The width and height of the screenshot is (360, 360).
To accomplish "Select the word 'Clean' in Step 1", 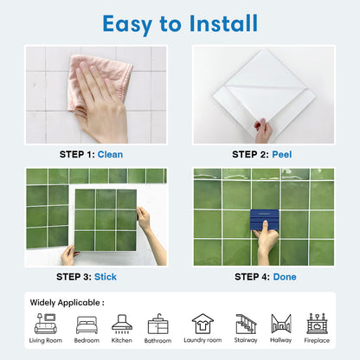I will (x=110, y=154).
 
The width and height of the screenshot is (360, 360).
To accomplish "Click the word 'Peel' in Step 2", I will (x=282, y=154).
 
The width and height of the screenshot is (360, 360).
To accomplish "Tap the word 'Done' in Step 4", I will (x=284, y=277).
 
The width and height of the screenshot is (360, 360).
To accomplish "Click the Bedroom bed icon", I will (x=87, y=324).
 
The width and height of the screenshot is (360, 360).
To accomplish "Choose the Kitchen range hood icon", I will (x=122, y=324).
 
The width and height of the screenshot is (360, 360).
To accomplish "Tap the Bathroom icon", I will (x=158, y=324).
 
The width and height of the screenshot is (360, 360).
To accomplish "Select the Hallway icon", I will (x=281, y=324).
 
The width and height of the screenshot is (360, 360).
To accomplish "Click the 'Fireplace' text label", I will (x=317, y=341).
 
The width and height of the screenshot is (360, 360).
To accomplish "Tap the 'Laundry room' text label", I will (x=202, y=341).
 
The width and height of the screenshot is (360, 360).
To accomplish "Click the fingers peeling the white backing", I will (x=263, y=129).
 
